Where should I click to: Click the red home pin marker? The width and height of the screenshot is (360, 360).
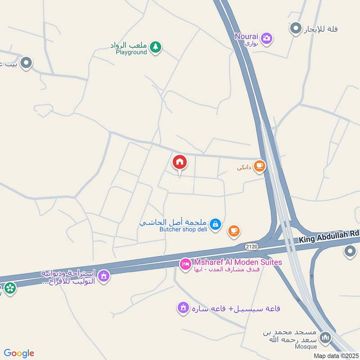pyautogui.click(x=179, y=162)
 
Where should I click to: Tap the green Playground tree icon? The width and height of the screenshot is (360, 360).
pyautogui.click(x=155, y=47)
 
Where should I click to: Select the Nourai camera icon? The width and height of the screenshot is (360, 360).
pyautogui.click(x=267, y=38)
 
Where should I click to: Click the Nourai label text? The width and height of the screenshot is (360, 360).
pyautogui.click(x=246, y=36)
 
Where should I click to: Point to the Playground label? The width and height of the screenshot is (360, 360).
pyautogui.click(x=131, y=52)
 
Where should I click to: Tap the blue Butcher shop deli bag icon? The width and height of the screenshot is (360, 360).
pyautogui.click(x=216, y=224)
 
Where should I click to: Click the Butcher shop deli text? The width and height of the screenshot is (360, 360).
pyautogui.click(x=183, y=229)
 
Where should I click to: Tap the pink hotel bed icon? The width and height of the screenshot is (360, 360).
pyautogui.click(x=185, y=264)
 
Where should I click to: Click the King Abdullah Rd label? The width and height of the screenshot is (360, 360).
pyautogui.click(x=329, y=240)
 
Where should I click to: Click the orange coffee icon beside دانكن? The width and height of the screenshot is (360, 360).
pyautogui.click(x=259, y=166)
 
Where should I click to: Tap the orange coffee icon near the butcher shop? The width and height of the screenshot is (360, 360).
pyautogui.click(x=234, y=231)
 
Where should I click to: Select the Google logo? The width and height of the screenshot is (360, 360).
pyautogui.click(x=19, y=353)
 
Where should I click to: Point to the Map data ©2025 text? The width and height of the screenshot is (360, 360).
pyautogui.click(x=336, y=355)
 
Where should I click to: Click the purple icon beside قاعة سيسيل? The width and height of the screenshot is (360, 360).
pyautogui.click(x=183, y=308)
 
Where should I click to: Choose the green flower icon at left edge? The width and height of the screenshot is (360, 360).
pyautogui.click(x=9, y=288)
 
